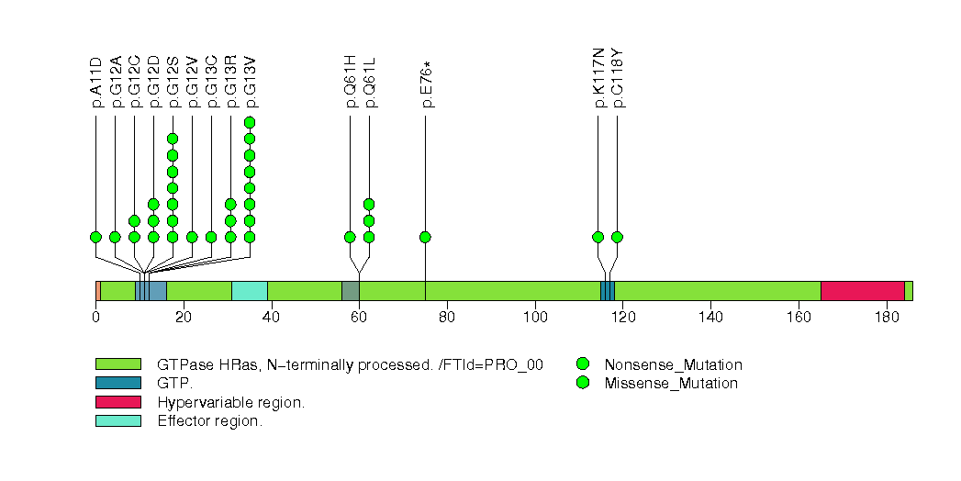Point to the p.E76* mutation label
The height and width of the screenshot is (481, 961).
[x=426, y=84]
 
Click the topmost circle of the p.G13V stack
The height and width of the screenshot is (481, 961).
[x=250, y=122]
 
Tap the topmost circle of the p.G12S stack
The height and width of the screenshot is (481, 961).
[x=173, y=139]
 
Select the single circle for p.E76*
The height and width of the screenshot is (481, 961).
[x=425, y=237]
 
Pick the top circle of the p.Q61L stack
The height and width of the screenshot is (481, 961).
[x=369, y=204]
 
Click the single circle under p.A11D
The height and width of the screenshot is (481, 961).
[x=95, y=237]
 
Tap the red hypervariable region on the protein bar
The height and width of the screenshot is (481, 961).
[x=862, y=291]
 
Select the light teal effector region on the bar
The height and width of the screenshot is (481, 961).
[x=249, y=291]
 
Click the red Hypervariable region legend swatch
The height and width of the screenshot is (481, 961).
[x=117, y=402]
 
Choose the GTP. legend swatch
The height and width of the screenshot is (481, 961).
[x=117, y=383]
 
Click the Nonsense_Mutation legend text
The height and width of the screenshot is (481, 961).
[x=673, y=364]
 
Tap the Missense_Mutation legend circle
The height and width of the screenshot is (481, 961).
[x=582, y=383]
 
